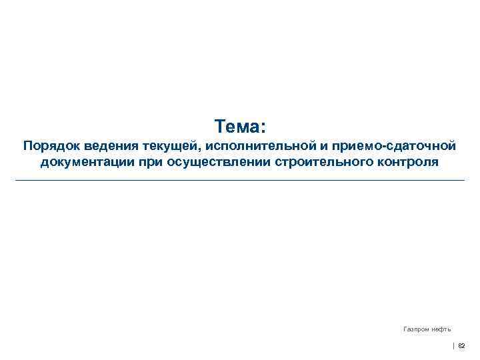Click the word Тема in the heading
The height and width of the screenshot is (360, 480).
point(236,126)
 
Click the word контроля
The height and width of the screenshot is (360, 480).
point(406,162)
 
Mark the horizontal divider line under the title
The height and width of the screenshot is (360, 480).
point(240,180)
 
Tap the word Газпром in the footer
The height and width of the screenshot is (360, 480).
point(417,329)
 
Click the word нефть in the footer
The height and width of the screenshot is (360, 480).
point(441,329)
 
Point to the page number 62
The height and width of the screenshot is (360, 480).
point(462,346)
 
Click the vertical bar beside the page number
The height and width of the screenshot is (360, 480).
point(454,346)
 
